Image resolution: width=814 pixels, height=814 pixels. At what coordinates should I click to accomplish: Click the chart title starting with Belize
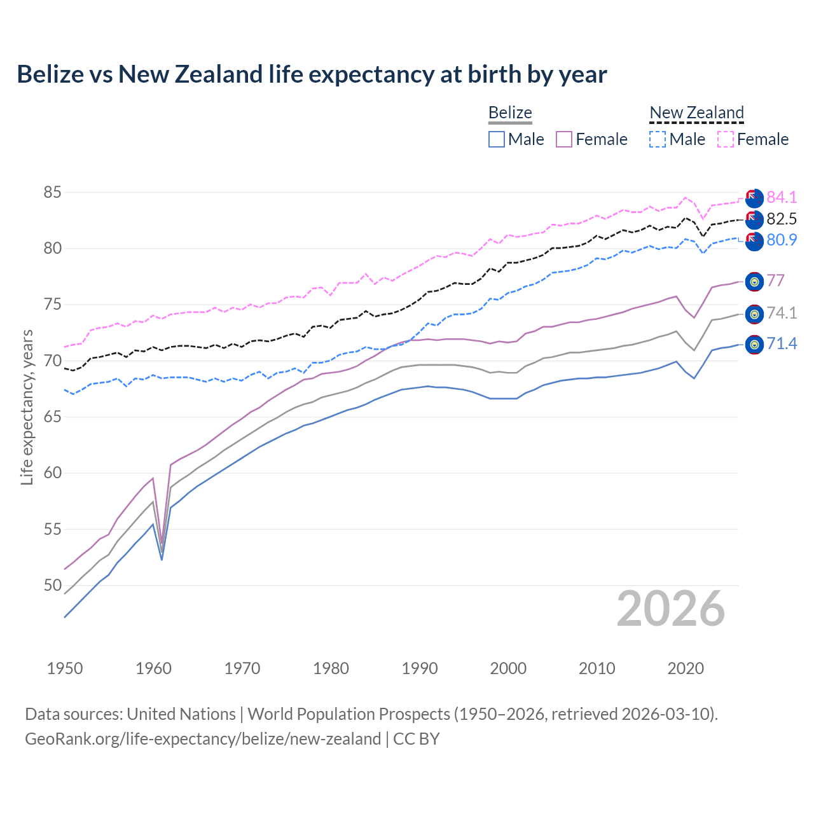[312, 74]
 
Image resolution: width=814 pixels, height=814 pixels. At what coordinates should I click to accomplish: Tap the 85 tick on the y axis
[53, 192]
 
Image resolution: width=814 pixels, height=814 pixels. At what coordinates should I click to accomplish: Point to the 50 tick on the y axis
[53, 585]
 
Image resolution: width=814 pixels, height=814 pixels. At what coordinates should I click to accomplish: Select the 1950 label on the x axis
[65, 668]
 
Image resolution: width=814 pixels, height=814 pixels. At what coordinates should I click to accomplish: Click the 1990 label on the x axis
[420, 668]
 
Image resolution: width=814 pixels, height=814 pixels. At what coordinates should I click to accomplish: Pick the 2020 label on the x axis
[686, 668]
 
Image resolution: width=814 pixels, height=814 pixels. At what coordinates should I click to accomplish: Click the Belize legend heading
[510, 113]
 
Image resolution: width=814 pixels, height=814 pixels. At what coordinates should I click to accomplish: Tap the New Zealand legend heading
[696, 113]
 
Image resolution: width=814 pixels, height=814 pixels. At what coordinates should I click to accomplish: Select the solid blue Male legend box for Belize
[497, 139]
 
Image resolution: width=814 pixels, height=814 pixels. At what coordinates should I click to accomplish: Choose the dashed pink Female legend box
[726, 139]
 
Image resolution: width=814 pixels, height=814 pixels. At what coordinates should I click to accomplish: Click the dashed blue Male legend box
[658, 139]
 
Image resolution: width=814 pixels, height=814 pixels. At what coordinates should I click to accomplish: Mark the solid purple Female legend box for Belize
[564, 139]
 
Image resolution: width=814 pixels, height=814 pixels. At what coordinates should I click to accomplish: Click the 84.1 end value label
[782, 197]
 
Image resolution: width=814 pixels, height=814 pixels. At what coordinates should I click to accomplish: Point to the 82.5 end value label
[782, 219]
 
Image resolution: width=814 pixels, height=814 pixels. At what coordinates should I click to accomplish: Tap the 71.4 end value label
[782, 344]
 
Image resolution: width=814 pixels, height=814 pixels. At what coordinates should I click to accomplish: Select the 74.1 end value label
[782, 313]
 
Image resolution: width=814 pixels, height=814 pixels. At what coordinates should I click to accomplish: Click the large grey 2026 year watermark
[671, 609]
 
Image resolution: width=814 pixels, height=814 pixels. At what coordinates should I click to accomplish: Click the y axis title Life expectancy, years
[27, 407]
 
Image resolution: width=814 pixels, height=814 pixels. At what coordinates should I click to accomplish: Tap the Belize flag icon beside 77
[754, 282]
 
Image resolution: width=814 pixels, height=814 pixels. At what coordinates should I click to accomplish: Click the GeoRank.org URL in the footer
[203, 739]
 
